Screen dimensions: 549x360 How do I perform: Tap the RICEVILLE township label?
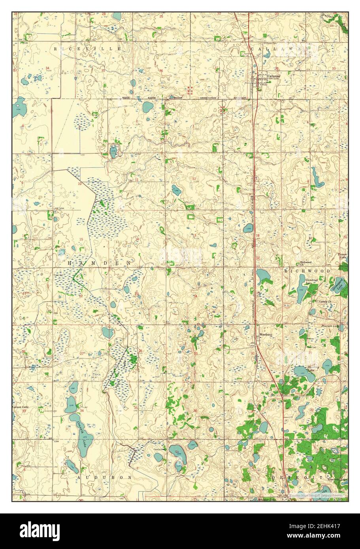point(89,48)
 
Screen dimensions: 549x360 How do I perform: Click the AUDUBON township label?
point(104,477)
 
